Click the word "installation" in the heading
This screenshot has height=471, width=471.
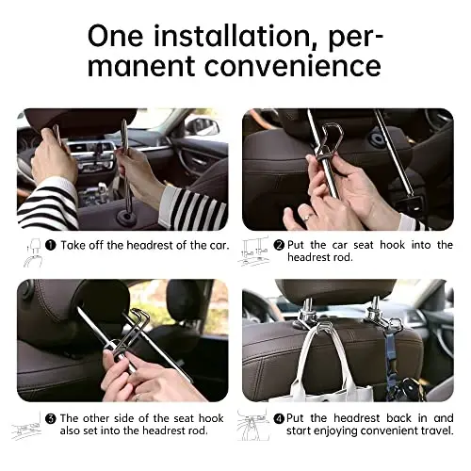click(232, 37)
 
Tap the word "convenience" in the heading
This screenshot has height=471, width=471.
click(293, 66)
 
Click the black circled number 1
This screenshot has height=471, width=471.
click(51, 245)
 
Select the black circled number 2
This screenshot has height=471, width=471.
click(279, 245)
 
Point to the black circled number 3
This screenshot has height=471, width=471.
click(51, 418)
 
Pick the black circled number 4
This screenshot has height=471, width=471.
click(279, 418)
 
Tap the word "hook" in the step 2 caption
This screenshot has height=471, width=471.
click(393, 245)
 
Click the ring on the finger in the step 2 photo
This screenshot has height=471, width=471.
click(307, 216)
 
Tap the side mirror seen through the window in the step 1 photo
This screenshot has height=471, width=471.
click(203, 126)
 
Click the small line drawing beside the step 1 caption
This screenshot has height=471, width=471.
click(32, 253)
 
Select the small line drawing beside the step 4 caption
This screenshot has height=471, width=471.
click(252, 425)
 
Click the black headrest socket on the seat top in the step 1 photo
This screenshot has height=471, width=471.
click(126, 218)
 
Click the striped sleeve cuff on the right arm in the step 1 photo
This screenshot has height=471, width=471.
click(192, 207)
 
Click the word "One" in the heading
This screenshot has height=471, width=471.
click(116, 37)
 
